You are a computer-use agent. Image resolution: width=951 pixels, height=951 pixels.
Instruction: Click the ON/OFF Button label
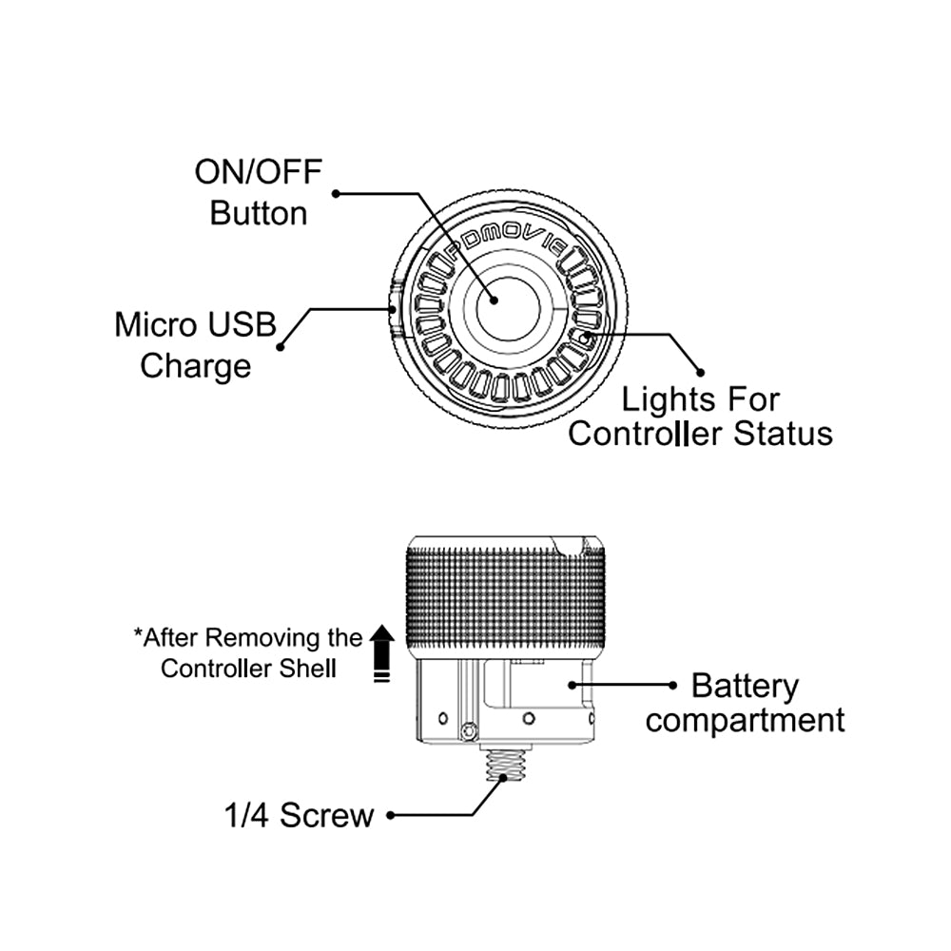pyautogui.click(x=259, y=192)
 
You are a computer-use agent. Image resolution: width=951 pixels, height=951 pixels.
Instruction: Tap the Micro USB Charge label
pyautogui.click(x=196, y=344)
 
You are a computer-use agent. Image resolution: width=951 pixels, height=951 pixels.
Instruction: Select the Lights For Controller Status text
pyautogui.click(x=700, y=417)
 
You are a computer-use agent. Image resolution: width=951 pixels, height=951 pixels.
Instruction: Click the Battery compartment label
pyautogui.click(x=745, y=703)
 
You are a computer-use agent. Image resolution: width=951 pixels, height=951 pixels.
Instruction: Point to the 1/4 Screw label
pyautogui.click(x=300, y=815)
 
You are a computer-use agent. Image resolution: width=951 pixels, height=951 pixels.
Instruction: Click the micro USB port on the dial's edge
pyautogui.click(x=395, y=305)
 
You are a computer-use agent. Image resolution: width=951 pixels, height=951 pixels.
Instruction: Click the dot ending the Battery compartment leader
pyautogui.click(x=672, y=685)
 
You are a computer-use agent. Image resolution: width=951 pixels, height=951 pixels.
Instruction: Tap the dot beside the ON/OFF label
pyautogui.click(x=337, y=194)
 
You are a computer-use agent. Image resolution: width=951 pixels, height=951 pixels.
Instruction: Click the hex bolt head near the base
pyautogui.click(x=466, y=730)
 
